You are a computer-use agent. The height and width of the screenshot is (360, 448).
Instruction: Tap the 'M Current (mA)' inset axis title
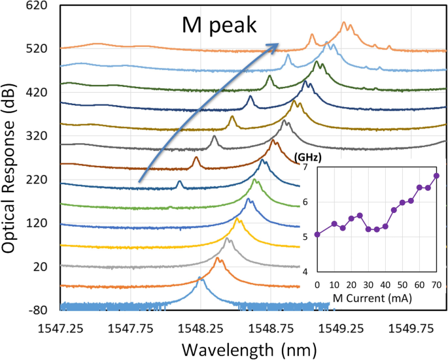tap(378, 299)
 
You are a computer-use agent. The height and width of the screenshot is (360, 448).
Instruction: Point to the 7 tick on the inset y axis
tap(308, 169)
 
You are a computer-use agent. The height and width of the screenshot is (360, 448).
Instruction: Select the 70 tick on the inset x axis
tap(436, 284)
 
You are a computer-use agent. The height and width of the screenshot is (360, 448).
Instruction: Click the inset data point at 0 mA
tap(317, 234)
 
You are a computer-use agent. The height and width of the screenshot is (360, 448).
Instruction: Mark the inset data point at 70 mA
tap(436, 176)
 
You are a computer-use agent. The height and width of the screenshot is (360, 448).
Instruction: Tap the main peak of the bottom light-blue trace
tap(201, 280)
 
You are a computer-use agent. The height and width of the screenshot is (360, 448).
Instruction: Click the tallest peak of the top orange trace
tap(344, 24)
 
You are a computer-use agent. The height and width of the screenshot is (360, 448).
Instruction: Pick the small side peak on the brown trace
tap(196, 158)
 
